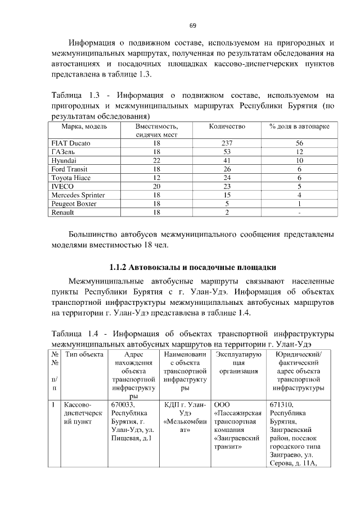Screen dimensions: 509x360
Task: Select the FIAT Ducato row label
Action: (x=71, y=143)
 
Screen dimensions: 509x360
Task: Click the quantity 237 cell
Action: (x=227, y=143)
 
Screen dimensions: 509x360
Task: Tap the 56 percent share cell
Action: (x=299, y=143)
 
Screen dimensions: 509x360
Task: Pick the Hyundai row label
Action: (x=64, y=160)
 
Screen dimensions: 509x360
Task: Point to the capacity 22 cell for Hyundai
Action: (x=156, y=160)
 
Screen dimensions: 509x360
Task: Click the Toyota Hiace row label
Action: (x=71, y=178)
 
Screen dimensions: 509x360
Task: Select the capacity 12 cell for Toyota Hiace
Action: (x=156, y=178)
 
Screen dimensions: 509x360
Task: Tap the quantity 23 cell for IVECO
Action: (x=227, y=186)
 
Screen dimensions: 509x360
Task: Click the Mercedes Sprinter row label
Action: (x=78, y=195)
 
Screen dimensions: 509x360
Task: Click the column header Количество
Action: (x=227, y=127)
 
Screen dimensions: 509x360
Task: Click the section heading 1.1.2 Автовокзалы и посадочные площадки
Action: (x=192, y=266)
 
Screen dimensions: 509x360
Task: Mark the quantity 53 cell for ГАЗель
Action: (x=227, y=152)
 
